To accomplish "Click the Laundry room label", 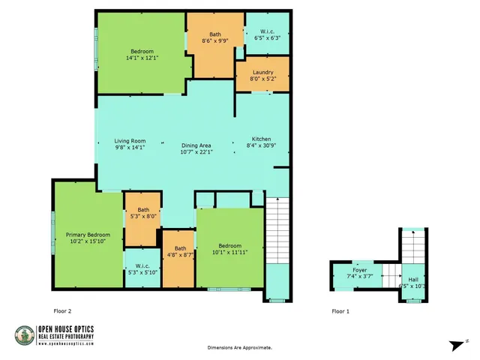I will click(262, 72).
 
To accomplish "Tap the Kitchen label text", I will click(261, 139).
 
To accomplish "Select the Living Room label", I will click(129, 141).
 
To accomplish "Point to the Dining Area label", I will click(196, 145).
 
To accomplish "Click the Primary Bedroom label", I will click(88, 234).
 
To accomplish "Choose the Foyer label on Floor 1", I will click(359, 270).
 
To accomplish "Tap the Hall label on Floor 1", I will click(413, 277).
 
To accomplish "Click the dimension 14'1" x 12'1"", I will click(142, 57).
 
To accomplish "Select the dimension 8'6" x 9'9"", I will click(215, 40).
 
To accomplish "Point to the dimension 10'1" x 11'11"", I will click(230, 252).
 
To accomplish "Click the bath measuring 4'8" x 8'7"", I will click(180, 251).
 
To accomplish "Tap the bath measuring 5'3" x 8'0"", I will click(143, 213).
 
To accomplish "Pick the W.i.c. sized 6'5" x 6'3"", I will click(267, 34).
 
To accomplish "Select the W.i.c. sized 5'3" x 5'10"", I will click(142, 268).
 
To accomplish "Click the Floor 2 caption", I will click(63, 310).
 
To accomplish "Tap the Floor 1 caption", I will click(340, 310).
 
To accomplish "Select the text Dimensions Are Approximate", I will click(240, 348).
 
